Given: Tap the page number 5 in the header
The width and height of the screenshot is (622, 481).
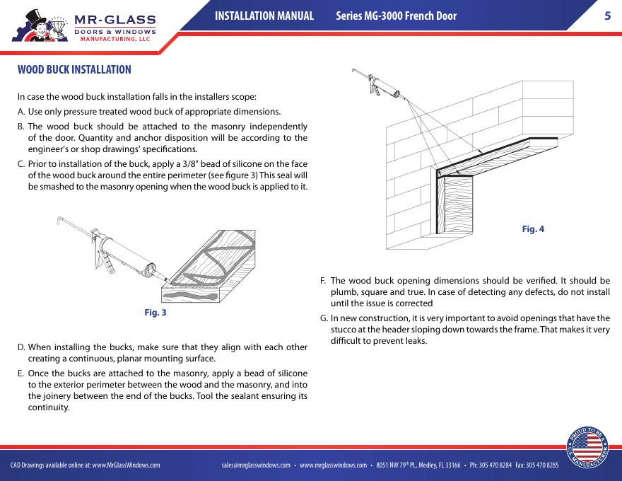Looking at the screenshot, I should pos(606,16).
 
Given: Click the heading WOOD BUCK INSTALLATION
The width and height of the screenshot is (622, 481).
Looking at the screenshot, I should pos(74,70).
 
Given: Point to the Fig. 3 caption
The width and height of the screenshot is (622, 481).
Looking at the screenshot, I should pos(155,312).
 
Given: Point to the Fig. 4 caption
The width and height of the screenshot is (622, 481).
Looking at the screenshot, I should pos(533,228).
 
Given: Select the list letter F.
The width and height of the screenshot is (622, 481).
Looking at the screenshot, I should pos(324,280).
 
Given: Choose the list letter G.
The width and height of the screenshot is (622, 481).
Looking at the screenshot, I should pos(324,318).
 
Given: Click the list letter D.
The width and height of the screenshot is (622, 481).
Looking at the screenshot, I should pos(21,347).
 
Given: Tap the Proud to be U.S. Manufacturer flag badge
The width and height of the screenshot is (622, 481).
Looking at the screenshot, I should pos(587,446).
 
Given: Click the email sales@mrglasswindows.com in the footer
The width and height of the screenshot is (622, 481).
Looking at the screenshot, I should pos(256,465).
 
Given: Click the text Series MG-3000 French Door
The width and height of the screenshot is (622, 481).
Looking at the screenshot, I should pos(396,16).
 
